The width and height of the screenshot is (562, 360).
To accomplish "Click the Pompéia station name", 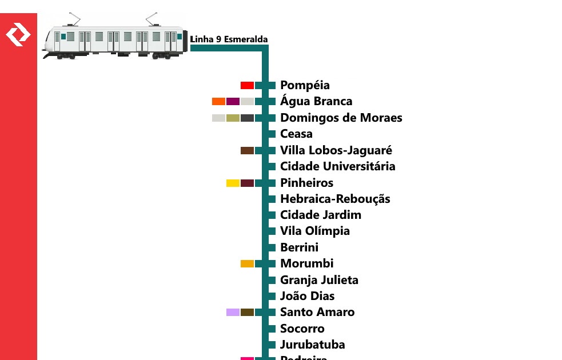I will (x=305, y=85).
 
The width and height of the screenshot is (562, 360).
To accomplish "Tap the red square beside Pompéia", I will (x=247, y=85).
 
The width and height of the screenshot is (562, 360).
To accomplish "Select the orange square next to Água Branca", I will (x=218, y=102).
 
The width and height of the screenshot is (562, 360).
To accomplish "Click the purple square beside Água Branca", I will (x=233, y=102).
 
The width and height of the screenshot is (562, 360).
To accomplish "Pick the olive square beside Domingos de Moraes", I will (x=233, y=118).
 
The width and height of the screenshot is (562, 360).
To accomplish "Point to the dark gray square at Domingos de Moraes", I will (x=247, y=118).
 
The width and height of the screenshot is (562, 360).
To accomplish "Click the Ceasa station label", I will (x=296, y=134).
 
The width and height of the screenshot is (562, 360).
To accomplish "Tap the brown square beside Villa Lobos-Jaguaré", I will (x=247, y=150).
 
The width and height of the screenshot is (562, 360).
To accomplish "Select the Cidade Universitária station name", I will (x=337, y=166).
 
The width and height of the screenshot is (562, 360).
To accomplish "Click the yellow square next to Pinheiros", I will (x=233, y=183).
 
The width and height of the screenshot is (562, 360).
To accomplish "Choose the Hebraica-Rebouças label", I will (x=335, y=199).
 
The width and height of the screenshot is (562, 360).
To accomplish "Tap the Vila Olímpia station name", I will (x=314, y=231).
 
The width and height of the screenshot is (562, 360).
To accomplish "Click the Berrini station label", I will (x=299, y=247).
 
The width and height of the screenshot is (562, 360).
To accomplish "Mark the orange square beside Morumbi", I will (x=247, y=263).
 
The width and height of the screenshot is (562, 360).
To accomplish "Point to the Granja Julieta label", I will (x=319, y=280).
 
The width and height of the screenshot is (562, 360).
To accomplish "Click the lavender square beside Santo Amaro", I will (x=233, y=312).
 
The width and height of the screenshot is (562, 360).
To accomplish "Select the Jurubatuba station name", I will (x=312, y=345).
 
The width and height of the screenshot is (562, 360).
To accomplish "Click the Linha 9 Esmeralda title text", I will (x=229, y=39).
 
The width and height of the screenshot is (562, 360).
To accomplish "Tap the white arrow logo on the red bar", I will (x=18, y=35).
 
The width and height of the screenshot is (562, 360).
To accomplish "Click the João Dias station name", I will (x=307, y=296).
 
